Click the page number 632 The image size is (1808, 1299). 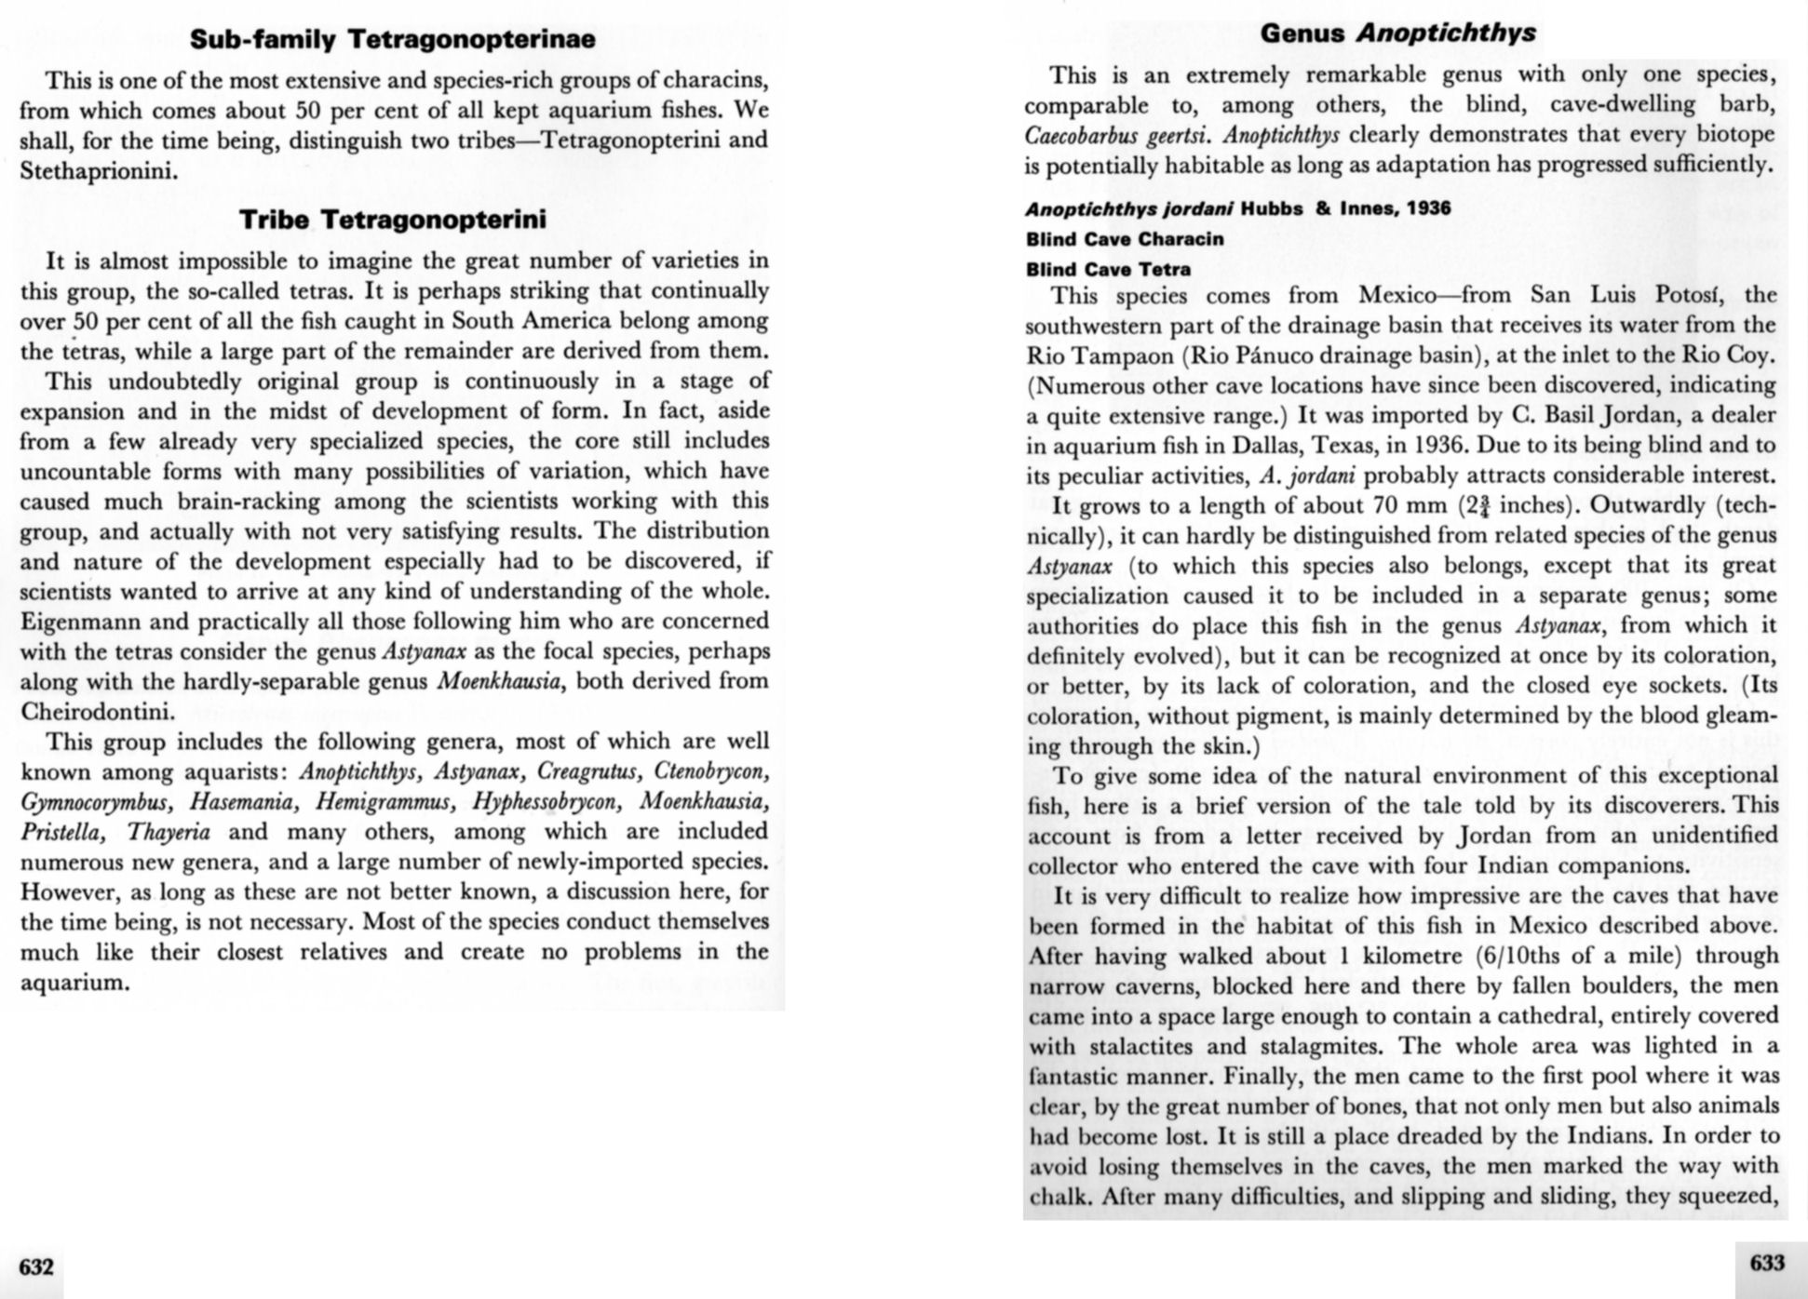click(x=36, y=1266)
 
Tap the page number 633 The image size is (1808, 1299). click(x=1768, y=1263)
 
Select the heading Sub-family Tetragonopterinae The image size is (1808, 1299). click(x=392, y=39)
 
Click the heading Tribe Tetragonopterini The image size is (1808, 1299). click(x=392, y=220)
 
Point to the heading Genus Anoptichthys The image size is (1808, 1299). click(x=1397, y=33)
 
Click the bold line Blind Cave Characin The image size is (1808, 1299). click(x=1125, y=239)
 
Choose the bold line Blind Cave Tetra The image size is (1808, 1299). click(x=1108, y=269)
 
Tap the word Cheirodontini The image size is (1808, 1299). click(x=97, y=712)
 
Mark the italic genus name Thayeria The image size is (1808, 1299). click(x=169, y=832)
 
